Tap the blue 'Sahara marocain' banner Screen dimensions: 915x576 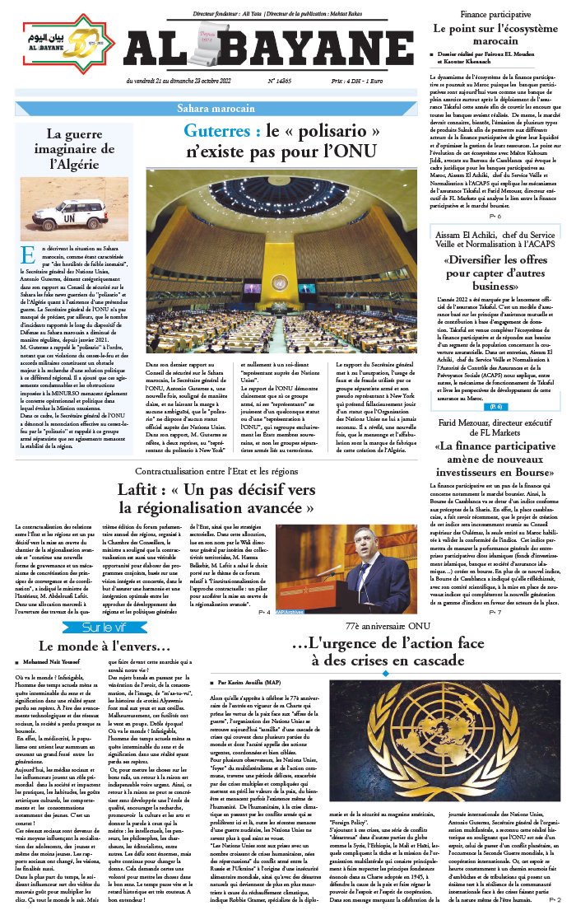216,109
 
